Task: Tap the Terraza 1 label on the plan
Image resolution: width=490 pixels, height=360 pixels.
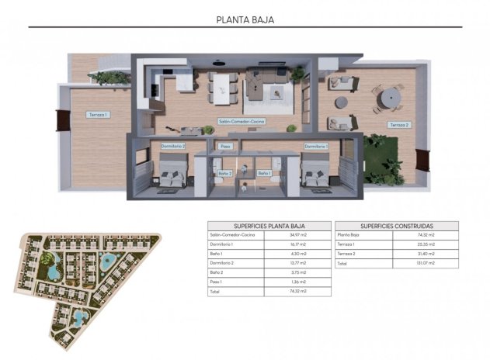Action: [x=98, y=114]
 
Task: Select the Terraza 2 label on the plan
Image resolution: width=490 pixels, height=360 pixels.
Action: [x=398, y=124]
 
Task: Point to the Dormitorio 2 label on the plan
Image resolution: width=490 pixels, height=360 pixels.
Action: [x=172, y=145]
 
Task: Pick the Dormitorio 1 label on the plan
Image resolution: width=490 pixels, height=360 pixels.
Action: [x=315, y=145]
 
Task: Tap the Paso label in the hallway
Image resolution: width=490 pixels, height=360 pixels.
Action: [x=226, y=145]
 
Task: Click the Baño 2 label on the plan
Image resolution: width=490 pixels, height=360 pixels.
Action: [x=224, y=173]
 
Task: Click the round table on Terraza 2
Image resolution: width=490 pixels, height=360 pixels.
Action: [x=391, y=97]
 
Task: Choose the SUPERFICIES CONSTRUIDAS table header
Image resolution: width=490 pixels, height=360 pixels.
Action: [x=397, y=225]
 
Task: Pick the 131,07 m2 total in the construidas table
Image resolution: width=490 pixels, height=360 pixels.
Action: [x=426, y=262]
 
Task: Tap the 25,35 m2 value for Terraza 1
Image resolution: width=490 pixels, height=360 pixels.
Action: [x=426, y=244]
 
